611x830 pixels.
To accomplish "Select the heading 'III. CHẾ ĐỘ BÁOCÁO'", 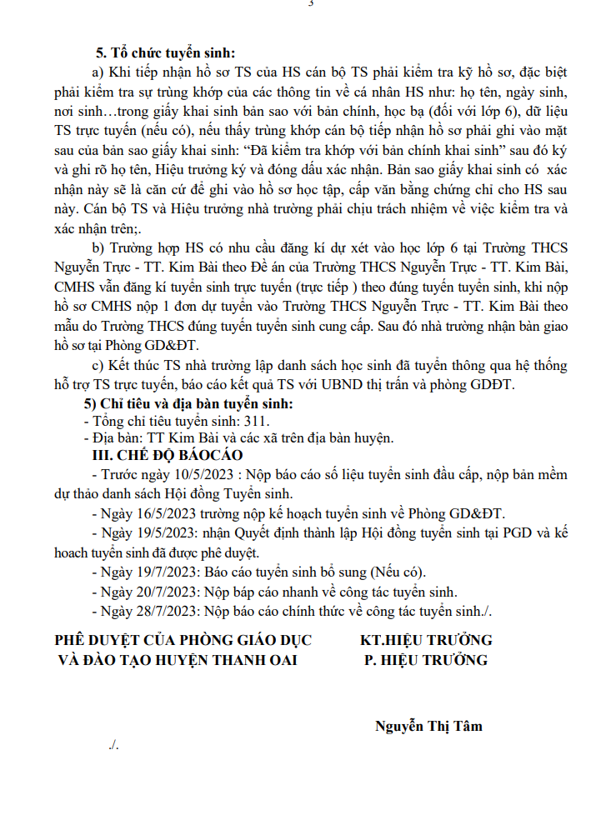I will pos(167,455).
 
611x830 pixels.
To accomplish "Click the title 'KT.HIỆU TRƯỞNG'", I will pos(426,641).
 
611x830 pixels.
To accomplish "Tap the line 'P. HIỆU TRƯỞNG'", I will pos(426,660).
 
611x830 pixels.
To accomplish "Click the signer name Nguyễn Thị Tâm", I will pos(428,726).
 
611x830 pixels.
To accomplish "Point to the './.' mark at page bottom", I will pos(114,745).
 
